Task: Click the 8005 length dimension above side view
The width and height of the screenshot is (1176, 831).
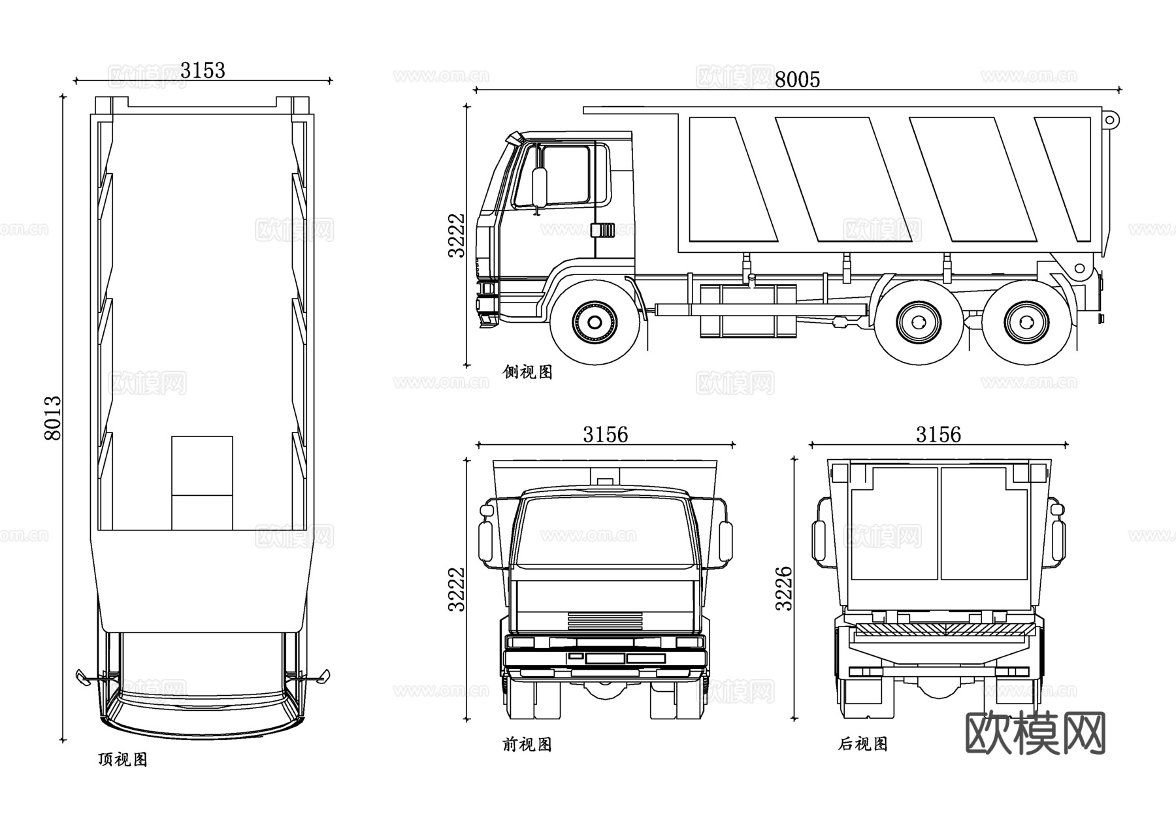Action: pyautogui.click(x=796, y=80)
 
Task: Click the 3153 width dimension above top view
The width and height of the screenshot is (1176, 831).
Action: pyautogui.click(x=203, y=70)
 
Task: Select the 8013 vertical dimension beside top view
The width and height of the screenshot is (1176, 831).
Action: pyautogui.click(x=52, y=418)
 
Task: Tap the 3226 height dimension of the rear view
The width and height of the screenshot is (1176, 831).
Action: pyautogui.click(x=783, y=589)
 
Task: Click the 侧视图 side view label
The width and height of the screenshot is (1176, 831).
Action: pyautogui.click(x=527, y=372)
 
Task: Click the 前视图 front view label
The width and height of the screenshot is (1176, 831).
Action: pyautogui.click(x=527, y=744)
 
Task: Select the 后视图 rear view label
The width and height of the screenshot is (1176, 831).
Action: pyautogui.click(x=862, y=744)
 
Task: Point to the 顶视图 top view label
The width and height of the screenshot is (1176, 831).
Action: pyautogui.click(x=123, y=759)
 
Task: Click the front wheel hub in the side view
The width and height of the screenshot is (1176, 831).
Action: pyautogui.click(x=595, y=322)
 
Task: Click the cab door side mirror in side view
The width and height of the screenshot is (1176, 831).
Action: pyautogui.click(x=539, y=188)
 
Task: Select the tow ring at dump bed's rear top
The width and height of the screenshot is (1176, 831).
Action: pyautogui.click(x=1111, y=120)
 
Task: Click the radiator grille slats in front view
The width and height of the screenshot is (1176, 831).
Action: pyautogui.click(x=605, y=619)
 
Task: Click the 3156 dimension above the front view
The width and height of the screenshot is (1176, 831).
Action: pyautogui.click(x=605, y=434)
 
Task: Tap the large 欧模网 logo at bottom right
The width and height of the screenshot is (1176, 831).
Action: pyautogui.click(x=1035, y=733)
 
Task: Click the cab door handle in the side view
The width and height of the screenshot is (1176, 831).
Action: pyautogui.click(x=602, y=230)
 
